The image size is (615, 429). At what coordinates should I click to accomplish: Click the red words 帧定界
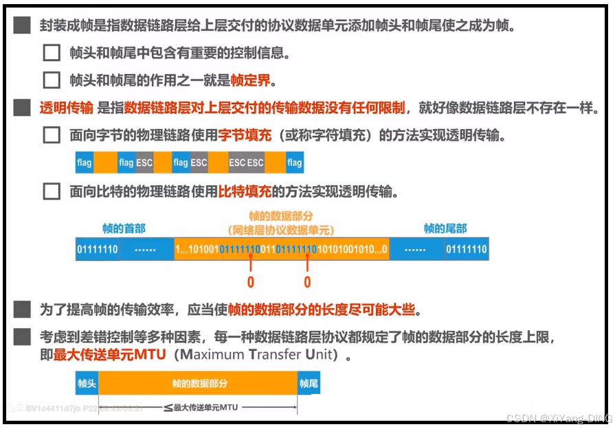pyautogui.click(x=250, y=80)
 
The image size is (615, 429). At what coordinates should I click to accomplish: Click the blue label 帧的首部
pyautogui.click(x=124, y=229)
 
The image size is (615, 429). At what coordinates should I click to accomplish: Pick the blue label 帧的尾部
pyautogui.click(x=445, y=229)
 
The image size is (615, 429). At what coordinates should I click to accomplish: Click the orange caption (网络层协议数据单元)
pyautogui.click(x=280, y=231)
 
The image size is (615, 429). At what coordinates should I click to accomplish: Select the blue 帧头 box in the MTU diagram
pyautogui.click(x=87, y=384)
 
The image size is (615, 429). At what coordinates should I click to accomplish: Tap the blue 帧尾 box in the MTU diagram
pyautogui.click(x=309, y=384)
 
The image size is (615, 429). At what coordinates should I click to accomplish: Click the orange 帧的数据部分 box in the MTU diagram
pyautogui.click(x=199, y=384)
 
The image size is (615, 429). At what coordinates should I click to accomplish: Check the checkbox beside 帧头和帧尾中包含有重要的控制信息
pyautogui.click(x=52, y=53)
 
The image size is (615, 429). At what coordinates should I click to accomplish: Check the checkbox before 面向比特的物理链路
pyautogui.click(x=52, y=191)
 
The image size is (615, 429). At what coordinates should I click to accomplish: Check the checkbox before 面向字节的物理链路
pyautogui.click(x=52, y=135)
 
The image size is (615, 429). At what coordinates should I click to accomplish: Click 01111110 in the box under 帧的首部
pyautogui.click(x=97, y=249)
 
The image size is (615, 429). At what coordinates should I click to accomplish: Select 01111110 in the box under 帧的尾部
pyautogui.click(x=467, y=249)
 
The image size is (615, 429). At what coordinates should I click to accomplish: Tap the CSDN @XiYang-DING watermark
pyautogui.click(x=558, y=418)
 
